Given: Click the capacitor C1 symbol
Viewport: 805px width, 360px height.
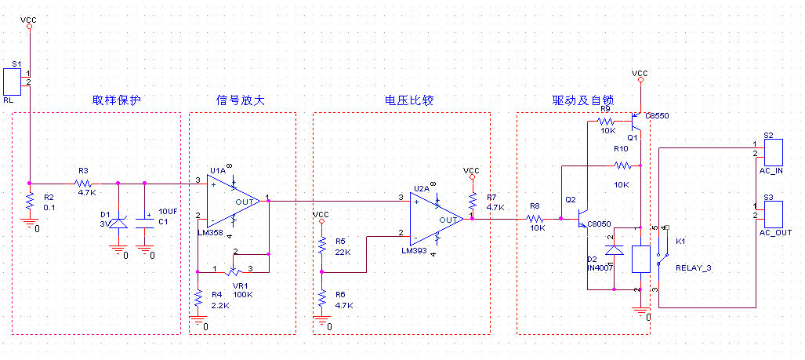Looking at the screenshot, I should (145, 222).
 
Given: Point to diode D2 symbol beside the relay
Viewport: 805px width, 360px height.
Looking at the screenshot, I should (614, 250).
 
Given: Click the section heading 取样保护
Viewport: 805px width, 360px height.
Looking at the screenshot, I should (117, 101).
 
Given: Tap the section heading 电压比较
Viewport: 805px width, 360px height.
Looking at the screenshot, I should (408, 101).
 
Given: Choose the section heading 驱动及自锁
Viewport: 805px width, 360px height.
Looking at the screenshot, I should (582, 101).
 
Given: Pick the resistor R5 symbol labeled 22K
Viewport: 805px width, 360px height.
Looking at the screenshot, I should (321, 245).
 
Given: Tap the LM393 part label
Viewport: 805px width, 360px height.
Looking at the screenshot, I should (413, 251).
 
